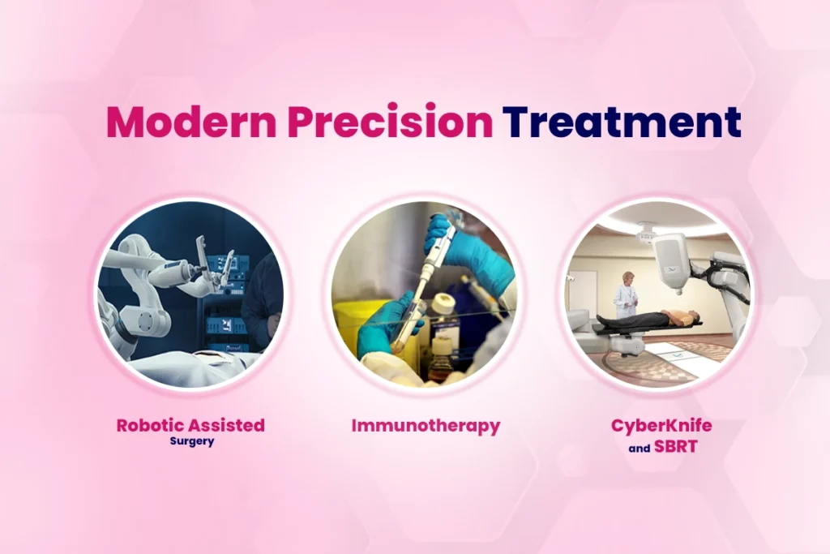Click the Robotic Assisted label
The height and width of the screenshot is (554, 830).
[x=190, y=424]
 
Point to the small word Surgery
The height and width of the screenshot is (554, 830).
[x=192, y=442]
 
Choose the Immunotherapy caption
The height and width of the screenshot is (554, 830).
[x=426, y=425]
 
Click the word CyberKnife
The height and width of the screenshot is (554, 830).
[x=661, y=426]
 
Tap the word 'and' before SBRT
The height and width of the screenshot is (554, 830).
[x=640, y=448]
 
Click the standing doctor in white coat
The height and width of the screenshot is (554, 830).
[x=625, y=294]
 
